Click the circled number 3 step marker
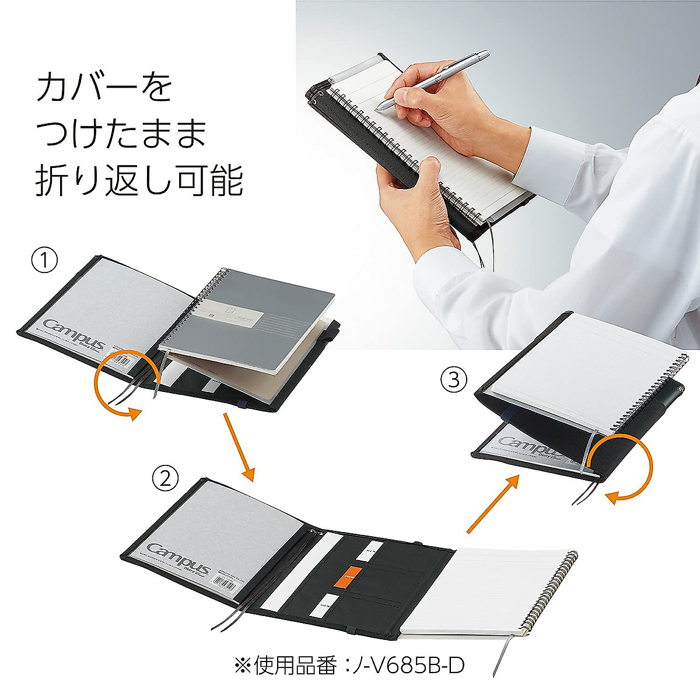click(454, 380)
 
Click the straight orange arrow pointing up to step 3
click(492, 504)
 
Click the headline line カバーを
click(105, 89)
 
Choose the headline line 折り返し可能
click(139, 181)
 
